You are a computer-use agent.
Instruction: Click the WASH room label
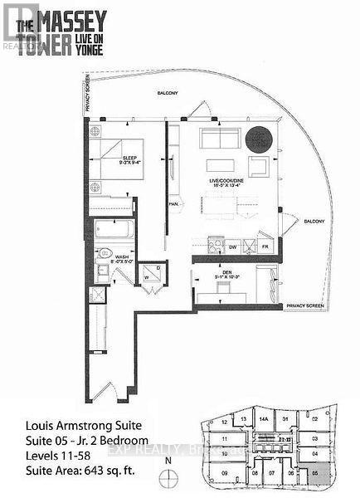tap(123, 257)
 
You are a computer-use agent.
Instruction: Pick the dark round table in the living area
tap(264, 136)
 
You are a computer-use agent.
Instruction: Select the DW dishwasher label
tap(233, 247)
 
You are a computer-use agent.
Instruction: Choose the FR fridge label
tap(265, 247)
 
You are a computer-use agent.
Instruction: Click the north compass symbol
tap(168, 475)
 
